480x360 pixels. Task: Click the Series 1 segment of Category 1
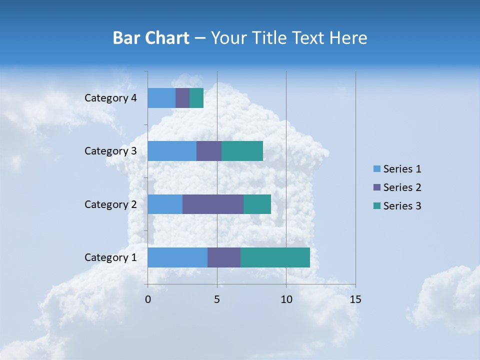[x=177, y=257]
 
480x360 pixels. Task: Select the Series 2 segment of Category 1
[x=224, y=257]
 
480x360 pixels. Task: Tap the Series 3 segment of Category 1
[x=275, y=257]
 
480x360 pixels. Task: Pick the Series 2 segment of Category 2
[x=213, y=204]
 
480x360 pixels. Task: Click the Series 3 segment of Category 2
[x=257, y=204]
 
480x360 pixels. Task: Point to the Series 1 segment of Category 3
[x=172, y=151]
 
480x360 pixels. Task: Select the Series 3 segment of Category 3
[x=242, y=151]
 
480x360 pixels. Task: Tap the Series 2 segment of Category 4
[x=182, y=98]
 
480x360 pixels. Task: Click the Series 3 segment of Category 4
[x=196, y=98]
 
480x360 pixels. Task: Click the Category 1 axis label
[x=110, y=257]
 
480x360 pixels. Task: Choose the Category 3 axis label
[x=110, y=151]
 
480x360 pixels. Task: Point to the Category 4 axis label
[x=110, y=98]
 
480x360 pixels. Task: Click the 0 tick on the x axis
[x=148, y=299]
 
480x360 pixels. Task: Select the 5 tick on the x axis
[x=217, y=299]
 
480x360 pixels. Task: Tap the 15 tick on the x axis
[x=355, y=299]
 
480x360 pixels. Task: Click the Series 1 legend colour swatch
[x=377, y=169]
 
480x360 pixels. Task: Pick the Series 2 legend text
[x=402, y=187]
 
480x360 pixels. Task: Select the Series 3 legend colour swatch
[x=377, y=206]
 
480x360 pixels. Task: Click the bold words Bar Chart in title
[x=151, y=38]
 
